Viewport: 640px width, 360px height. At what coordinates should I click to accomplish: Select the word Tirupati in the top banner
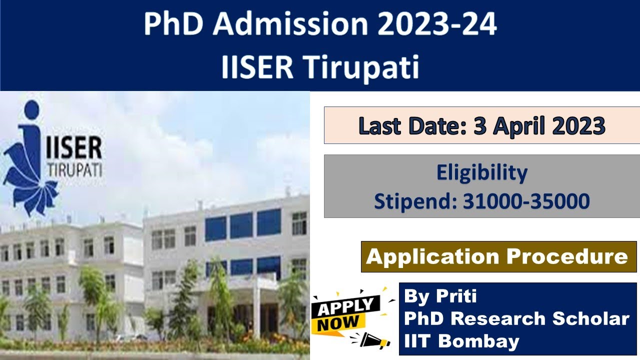coord(363,67)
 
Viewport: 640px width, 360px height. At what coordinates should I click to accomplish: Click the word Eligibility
coord(481,173)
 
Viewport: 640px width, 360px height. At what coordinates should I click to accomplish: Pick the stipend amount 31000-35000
coord(526,201)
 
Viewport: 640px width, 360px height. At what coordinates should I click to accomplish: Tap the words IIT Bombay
coord(461,341)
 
